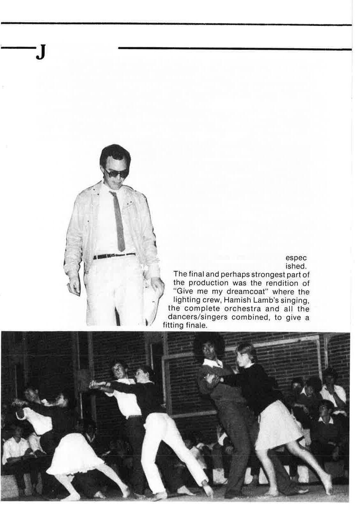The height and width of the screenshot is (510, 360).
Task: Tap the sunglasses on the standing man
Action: point(116,173)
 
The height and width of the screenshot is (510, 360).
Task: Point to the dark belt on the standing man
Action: point(114,256)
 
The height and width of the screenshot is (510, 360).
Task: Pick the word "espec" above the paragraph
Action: point(296,258)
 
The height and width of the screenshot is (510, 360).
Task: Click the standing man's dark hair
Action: point(115,153)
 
